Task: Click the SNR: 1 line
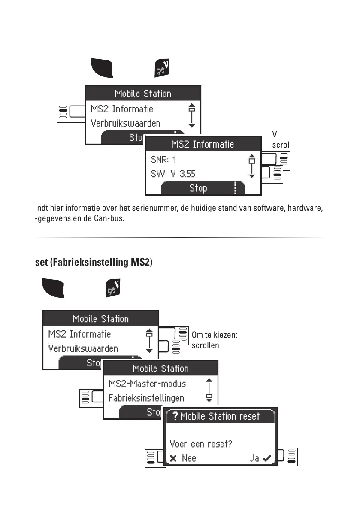click(164, 160)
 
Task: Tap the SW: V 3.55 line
click(173, 174)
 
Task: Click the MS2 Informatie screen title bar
click(203, 144)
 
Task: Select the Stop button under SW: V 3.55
click(198, 188)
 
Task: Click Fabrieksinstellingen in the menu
click(146, 398)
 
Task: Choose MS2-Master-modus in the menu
click(147, 384)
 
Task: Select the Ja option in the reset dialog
click(254, 458)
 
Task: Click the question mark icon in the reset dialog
click(175, 417)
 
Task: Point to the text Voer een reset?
click(201, 444)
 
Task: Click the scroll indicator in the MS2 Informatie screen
click(252, 166)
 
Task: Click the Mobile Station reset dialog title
click(220, 416)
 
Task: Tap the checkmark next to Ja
click(268, 458)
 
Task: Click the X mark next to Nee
click(173, 458)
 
